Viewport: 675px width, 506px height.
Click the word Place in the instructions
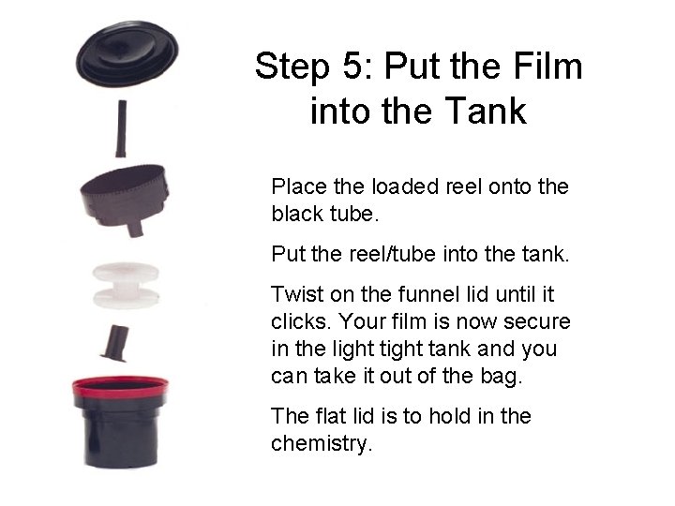click(293, 186)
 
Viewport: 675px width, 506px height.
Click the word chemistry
click(322, 442)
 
